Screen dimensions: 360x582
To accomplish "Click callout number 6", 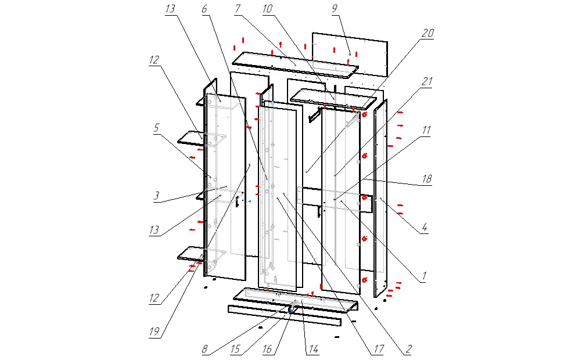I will coord(204,10).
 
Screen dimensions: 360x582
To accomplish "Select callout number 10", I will coord(268,10).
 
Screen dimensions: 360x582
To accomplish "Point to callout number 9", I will coord(335,9).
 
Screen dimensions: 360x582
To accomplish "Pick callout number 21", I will coord(427,82).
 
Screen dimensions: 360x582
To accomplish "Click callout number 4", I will coord(425,229).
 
